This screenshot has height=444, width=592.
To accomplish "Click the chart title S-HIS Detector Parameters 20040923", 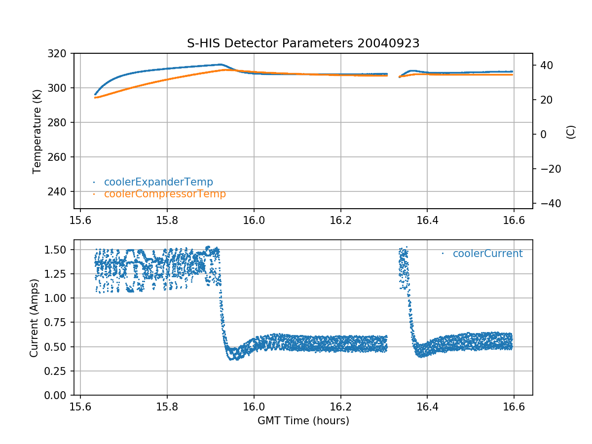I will click(x=303, y=43).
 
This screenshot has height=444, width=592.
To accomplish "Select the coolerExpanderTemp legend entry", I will click(x=158, y=182).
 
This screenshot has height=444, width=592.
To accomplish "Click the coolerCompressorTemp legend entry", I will click(x=164, y=194).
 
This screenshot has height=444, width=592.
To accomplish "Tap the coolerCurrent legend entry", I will click(x=487, y=254).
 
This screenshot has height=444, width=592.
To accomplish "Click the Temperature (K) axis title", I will click(x=37, y=131).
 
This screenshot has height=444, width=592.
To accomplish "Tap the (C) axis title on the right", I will click(x=571, y=132).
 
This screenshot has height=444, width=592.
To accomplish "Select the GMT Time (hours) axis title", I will click(x=303, y=421).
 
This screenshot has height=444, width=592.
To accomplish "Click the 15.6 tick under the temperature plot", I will click(x=80, y=220).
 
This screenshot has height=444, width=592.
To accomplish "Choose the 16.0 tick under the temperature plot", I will click(x=254, y=220).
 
